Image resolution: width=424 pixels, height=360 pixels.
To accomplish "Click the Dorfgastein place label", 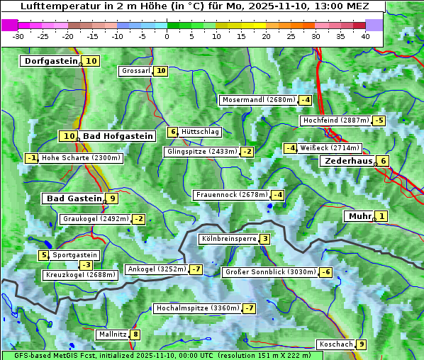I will [50, 61].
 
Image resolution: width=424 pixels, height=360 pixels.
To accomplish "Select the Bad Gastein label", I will [74, 198].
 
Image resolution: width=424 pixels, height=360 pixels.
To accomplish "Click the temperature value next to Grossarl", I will [161, 71].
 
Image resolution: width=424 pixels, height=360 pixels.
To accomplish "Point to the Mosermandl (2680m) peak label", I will [258, 100].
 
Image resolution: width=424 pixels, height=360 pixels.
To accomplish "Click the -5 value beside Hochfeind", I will [379, 120].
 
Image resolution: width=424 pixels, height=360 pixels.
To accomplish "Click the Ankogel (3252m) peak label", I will [157, 269].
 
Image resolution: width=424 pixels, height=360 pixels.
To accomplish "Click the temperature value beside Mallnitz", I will [135, 334].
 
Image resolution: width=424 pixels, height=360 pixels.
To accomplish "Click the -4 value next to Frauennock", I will [278, 195].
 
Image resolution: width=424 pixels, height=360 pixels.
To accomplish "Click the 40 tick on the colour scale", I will [365, 35].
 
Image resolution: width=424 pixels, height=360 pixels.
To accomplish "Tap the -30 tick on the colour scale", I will [18, 35].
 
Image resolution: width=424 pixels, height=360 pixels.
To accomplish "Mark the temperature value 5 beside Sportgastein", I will [44, 255].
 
